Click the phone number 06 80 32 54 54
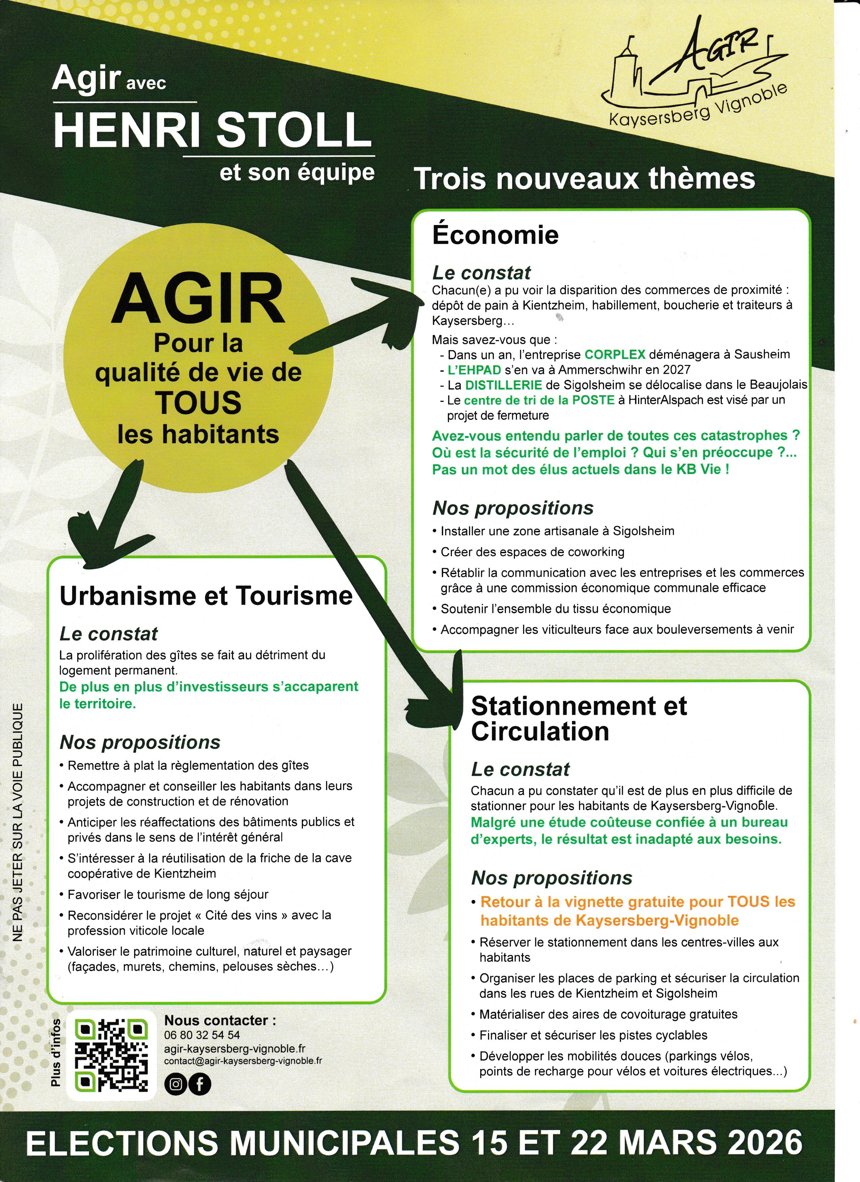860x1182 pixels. [x=202, y=1035]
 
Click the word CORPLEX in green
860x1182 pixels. [x=615, y=355]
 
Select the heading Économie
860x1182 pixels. [x=495, y=235]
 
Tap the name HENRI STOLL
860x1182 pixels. [x=212, y=130]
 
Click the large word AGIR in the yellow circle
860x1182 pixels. [x=198, y=299]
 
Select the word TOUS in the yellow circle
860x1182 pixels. [x=198, y=402]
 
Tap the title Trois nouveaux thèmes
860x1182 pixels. [x=584, y=179]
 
